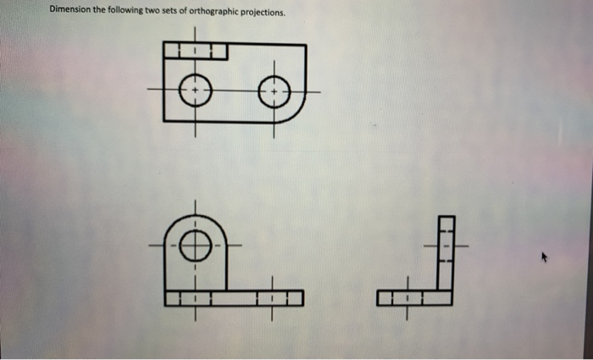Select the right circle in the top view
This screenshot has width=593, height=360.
(x=274, y=90)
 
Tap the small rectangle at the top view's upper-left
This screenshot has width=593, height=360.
(x=196, y=52)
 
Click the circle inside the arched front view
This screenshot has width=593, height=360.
(x=195, y=246)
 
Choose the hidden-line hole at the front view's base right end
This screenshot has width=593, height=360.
(x=273, y=298)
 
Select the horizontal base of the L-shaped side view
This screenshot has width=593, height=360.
(x=415, y=298)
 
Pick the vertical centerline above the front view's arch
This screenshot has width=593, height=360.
(x=195, y=208)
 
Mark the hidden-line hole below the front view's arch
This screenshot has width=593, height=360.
(x=195, y=298)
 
